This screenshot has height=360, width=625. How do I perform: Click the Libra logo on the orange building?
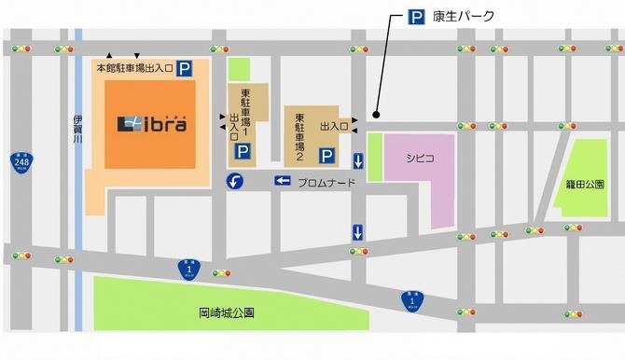pos(151,123)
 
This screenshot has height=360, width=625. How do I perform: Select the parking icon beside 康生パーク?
pos(416,15)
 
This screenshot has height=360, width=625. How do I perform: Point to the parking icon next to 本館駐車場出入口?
pos(187,68)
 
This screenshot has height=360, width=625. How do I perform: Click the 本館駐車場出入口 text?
pos(135,68)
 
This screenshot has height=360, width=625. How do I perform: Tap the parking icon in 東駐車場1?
pos(242,150)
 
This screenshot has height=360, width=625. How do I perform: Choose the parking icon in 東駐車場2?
pos(326,155)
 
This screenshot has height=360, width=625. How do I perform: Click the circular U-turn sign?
pos(236,180)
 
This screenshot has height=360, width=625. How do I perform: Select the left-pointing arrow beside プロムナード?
pos(283,181)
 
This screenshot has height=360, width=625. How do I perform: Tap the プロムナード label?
pos(327,182)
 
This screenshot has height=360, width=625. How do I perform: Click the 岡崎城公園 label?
pos(228,313)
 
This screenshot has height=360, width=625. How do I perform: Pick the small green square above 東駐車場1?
pos(240,69)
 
